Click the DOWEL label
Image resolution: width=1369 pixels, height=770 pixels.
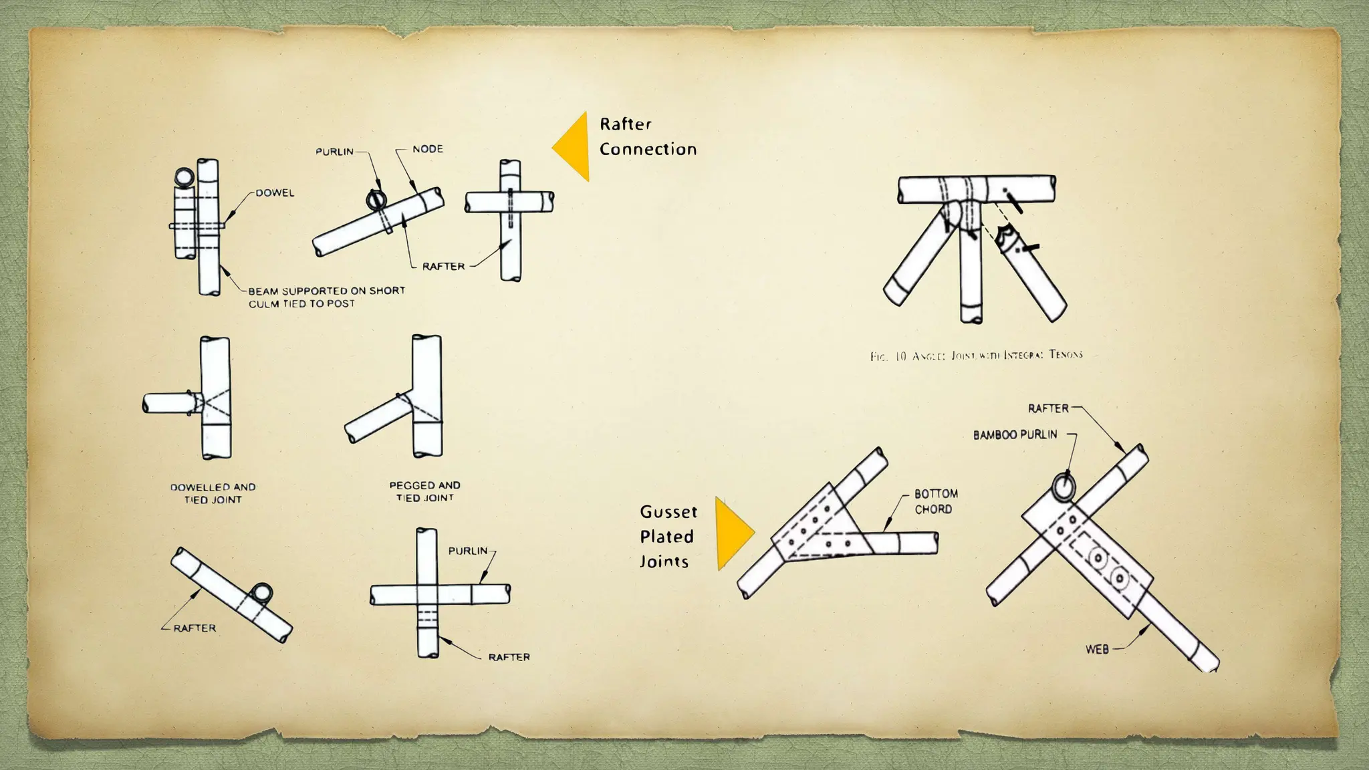tap(275, 193)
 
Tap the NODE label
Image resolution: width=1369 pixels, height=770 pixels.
tap(427, 149)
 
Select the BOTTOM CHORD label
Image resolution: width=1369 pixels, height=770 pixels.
tap(936, 501)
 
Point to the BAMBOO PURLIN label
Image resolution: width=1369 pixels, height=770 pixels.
tap(1015, 435)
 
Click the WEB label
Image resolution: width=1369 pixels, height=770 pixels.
tap(1097, 649)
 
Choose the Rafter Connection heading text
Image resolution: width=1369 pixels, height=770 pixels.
tap(647, 136)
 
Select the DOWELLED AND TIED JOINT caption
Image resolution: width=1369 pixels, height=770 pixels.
tap(213, 493)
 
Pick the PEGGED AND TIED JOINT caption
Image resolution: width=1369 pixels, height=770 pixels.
tap(424, 491)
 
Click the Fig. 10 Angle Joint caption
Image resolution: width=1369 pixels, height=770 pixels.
tap(976, 356)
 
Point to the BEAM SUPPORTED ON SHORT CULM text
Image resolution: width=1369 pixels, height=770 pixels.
tap(326, 297)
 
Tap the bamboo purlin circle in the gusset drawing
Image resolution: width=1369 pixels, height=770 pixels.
tap(1063, 486)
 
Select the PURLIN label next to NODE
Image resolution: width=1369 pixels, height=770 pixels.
tap(334, 152)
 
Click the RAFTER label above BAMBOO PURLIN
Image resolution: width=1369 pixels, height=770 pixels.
tap(1048, 408)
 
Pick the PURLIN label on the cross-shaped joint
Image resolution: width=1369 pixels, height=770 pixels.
tap(467, 551)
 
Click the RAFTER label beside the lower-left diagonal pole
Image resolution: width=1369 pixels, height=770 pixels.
tap(195, 628)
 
